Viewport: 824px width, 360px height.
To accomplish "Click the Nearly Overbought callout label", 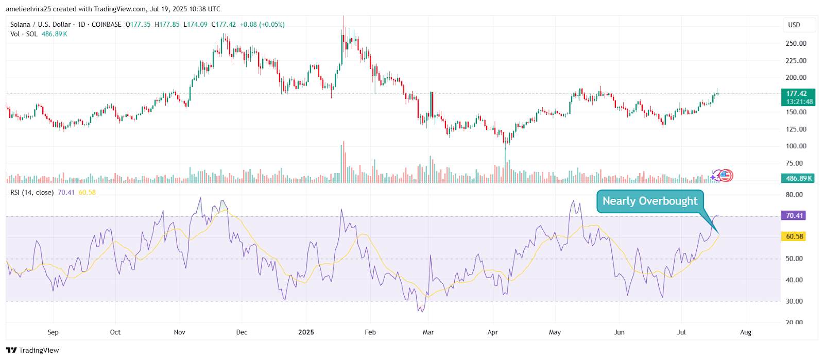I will click(x=650, y=201).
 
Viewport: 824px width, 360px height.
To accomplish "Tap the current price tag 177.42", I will click(x=797, y=93).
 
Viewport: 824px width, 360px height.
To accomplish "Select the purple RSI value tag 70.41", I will click(x=794, y=215).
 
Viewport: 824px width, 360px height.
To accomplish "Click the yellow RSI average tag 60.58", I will click(x=794, y=236).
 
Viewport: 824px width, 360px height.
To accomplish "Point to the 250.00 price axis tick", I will click(x=796, y=44).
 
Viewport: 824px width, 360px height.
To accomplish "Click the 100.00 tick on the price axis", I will click(x=796, y=146).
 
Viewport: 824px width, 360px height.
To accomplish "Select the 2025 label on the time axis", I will click(x=306, y=332).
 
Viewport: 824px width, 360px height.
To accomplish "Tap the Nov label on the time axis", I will click(x=179, y=332).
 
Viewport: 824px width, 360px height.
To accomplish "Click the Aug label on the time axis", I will click(x=746, y=332).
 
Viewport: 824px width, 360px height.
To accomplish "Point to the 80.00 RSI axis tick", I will click(x=794, y=195).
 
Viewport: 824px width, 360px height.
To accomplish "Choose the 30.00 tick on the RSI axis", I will click(x=794, y=301).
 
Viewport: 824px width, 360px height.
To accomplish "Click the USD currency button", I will click(x=794, y=25).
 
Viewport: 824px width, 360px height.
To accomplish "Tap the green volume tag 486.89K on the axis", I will click(x=799, y=178).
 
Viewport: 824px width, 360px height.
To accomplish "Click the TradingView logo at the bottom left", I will click(x=32, y=350).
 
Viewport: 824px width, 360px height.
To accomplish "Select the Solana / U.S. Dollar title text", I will click(x=41, y=24).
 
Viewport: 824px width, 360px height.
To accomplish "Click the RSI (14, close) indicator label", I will click(x=32, y=193).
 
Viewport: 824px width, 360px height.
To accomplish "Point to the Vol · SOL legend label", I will click(x=24, y=34).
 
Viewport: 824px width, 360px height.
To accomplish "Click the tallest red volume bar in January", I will click(x=344, y=162).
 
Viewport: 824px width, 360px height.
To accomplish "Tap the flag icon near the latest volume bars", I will click(x=725, y=176).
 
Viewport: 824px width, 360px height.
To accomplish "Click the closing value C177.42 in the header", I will click(x=224, y=24).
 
